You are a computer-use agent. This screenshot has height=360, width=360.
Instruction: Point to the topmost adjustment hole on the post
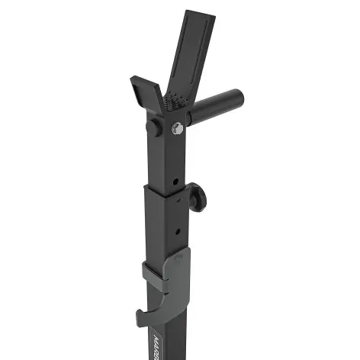[x=175, y=182]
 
